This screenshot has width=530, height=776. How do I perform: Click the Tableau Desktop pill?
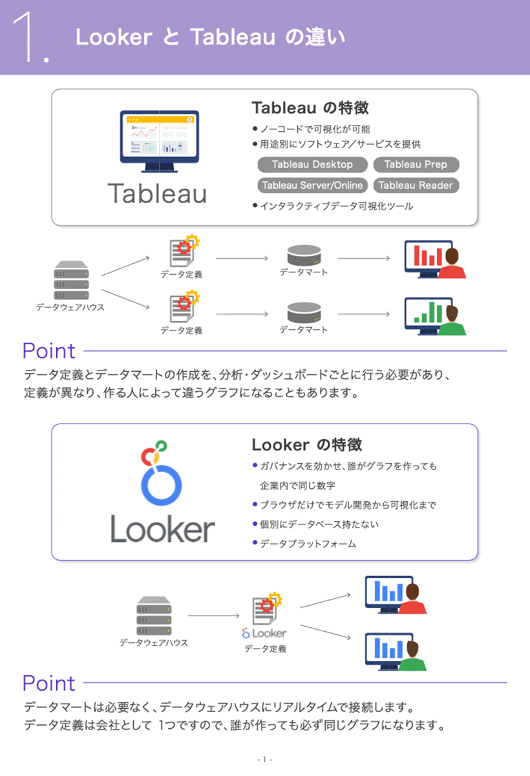[312, 164]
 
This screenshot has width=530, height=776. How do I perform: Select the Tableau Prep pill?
[416, 164]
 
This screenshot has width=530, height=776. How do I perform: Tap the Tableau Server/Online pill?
[312, 185]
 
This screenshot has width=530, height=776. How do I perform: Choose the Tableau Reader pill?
[416, 185]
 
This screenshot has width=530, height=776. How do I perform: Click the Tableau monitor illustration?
[159, 141]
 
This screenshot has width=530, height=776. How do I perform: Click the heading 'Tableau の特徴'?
[310, 107]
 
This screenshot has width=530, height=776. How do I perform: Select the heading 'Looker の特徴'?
[306, 444]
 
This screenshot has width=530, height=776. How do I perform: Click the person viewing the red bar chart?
[455, 264]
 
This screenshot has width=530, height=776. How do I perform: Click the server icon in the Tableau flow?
[70, 280]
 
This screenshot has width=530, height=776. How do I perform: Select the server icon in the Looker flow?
[154, 616]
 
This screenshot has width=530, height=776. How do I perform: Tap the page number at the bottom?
[264, 759]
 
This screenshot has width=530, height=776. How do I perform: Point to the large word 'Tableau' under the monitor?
[157, 193]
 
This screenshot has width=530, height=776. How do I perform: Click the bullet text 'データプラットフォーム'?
[308, 544]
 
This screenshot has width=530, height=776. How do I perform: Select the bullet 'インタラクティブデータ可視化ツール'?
[336, 206]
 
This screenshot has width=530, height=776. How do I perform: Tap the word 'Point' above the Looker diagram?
[49, 683]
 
